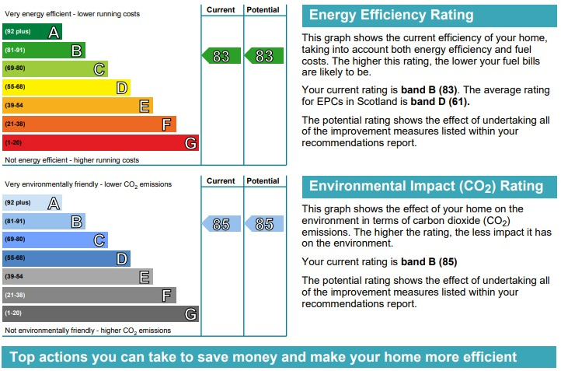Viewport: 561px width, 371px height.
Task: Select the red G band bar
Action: click(100, 143)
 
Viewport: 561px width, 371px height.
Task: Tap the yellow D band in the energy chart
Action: click(66, 87)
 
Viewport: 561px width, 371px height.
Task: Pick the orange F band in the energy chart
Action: click(89, 124)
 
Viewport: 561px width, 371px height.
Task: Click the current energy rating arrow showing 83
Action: click(221, 56)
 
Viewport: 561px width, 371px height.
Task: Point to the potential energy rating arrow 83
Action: click(263, 56)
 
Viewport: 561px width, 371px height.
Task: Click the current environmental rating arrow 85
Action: click(221, 224)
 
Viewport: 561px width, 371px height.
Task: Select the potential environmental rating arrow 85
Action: click(263, 224)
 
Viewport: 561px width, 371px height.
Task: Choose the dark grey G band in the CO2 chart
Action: click(100, 313)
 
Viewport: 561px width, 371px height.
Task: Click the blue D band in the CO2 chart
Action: click(66, 258)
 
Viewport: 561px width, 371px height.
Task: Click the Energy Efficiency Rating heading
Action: click(391, 16)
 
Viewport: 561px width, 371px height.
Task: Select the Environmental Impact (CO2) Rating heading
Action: click(426, 186)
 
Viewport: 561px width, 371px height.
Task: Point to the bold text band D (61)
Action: click(440, 101)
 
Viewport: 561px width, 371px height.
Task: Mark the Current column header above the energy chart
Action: click(221, 9)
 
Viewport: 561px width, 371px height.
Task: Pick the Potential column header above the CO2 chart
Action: click(263, 181)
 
